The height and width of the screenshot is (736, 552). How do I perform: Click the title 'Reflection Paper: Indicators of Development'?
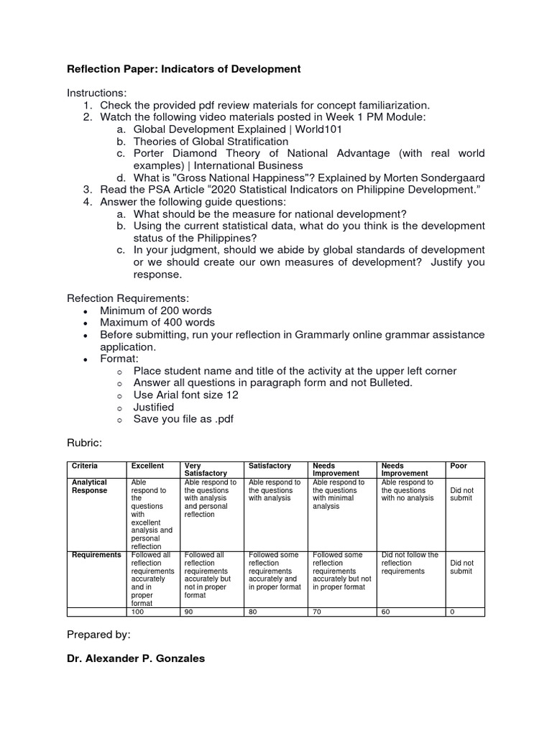point(183,69)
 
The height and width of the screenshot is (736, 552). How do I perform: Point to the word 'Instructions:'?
point(96,93)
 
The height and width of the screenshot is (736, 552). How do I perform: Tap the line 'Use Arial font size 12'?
point(186,395)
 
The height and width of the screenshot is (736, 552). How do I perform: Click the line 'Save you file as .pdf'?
point(183,419)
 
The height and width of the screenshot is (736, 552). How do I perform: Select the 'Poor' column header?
point(458,466)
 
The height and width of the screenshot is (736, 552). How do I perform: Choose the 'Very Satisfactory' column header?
point(206,469)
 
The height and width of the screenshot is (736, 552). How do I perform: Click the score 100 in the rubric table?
point(137,611)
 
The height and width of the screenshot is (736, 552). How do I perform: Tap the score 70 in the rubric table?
point(318,611)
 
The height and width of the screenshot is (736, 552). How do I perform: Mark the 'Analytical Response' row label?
point(89,487)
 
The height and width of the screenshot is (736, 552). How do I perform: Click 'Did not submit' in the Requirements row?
point(461,567)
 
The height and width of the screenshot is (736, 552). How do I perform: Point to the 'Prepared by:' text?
point(98,635)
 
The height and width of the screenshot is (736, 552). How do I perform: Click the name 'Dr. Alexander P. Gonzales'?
point(136,658)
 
